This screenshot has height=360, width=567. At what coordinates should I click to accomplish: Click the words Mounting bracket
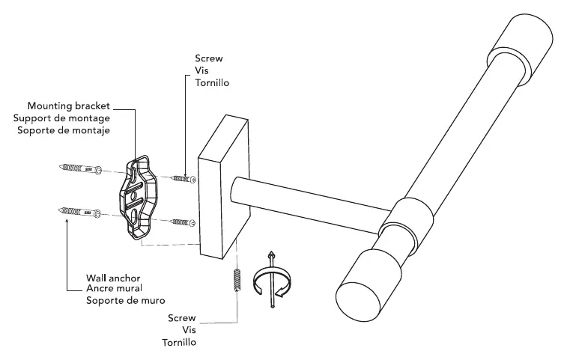pyautogui.click(x=69, y=106)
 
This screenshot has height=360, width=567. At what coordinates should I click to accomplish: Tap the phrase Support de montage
pyautogui.click(x=62, y=118)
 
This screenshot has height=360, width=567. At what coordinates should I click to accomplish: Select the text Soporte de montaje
pyautogui.click(x=64, y=130)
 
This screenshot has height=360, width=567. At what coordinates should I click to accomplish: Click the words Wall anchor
pyautogui.click(x=113, y=278)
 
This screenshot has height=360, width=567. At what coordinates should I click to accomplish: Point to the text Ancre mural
pyautogui.click(x=114, y=288)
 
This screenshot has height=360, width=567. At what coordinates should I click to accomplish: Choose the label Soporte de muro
pyautogui.click(x=126, y=300)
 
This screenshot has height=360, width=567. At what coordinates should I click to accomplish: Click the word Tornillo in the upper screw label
pyautogui.click(x=212, y=83)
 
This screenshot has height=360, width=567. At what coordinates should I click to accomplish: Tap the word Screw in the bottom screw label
pyautogui.click(x=182, y=318)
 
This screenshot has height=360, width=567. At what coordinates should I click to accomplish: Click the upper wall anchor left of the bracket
pyautogui.click(x=80, y=168)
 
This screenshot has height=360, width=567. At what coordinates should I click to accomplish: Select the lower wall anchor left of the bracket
pyautogui.click(x=80, y=212)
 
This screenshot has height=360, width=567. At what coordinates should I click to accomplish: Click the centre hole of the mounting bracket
pyautogui.click(x=133, y=196)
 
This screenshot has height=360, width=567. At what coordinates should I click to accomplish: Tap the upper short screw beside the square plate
pyautogui.click(x=183, y=179)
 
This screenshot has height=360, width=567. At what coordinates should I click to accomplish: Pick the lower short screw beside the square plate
pyautogui.click(x=183, y=222)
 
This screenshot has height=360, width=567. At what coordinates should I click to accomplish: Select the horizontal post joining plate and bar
pyautogui.click(x=311, y=206)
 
